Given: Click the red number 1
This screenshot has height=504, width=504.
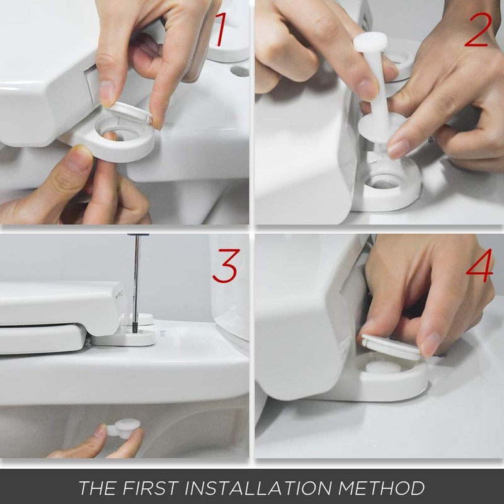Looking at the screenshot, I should pyautogui.click(x=220, y=30).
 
